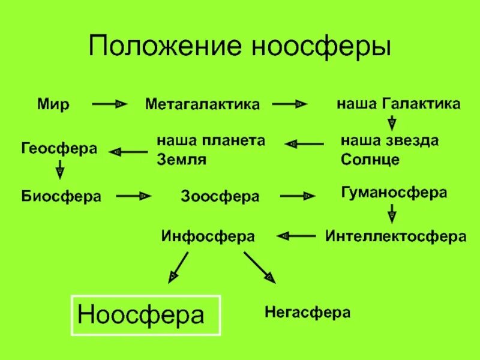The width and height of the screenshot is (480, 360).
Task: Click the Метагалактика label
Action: [203, 104]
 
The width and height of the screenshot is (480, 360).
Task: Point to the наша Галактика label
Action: [398, 104]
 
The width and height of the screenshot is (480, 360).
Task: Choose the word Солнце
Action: [370, 160]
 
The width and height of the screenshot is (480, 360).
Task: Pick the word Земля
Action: [181, 160]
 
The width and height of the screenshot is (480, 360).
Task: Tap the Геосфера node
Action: [59, 148]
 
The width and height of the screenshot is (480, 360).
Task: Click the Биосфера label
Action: [61, 196]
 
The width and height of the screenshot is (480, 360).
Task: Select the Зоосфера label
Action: [220, 196]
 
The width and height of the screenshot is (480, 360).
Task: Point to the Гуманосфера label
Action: [394, 193]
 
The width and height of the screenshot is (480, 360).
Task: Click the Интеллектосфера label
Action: [396, 236]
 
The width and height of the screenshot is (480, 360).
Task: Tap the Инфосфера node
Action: [208, 236]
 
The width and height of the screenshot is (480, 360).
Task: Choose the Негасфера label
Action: [307, 313]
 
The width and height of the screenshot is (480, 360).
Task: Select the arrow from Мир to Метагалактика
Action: [110, 104]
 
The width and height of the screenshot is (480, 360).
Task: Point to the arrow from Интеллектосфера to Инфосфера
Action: [298, 236]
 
